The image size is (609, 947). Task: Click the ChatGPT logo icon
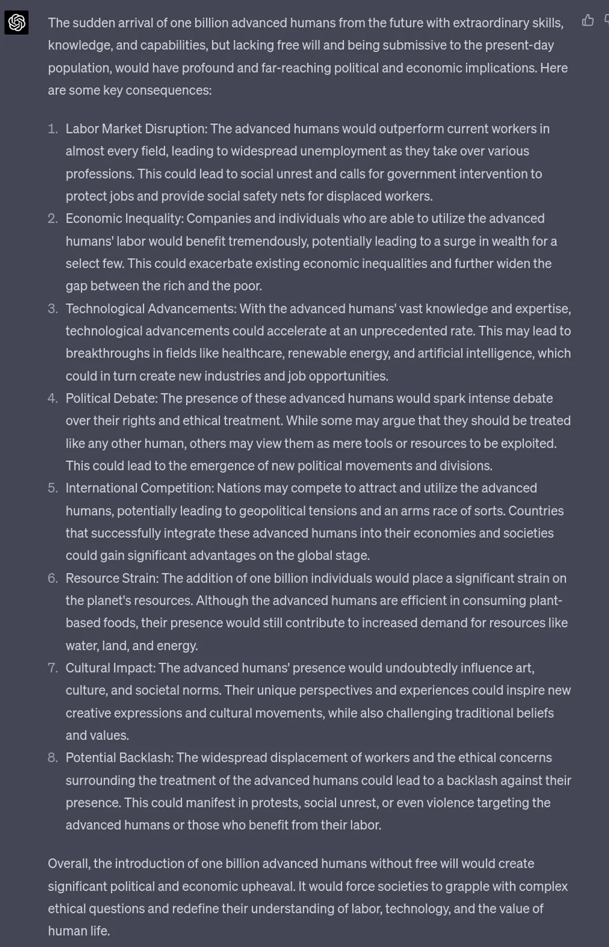[16, 23]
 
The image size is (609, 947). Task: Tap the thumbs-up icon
[588, 21]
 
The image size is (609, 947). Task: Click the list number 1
[53, 129]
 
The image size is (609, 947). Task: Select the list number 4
[53, 398]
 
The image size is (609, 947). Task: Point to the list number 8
[53, 758]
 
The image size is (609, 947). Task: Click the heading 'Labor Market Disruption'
[136, 129]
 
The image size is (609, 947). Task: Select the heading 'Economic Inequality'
[124, 219]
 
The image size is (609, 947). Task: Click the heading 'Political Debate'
[111, 398]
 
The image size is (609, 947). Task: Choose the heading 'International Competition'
[140, 488]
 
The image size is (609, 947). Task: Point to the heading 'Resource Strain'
[112, 578]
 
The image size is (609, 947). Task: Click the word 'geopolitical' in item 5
[272, 511]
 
